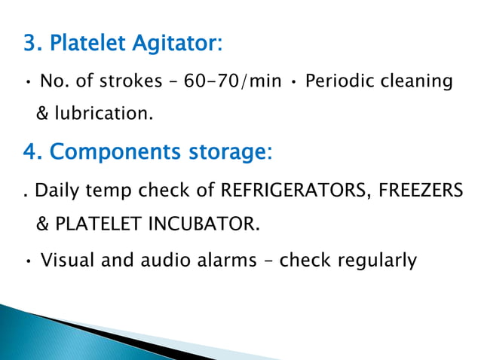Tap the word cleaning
point(418,81)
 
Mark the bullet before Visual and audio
point(27,262)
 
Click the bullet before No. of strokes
point(27,81)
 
